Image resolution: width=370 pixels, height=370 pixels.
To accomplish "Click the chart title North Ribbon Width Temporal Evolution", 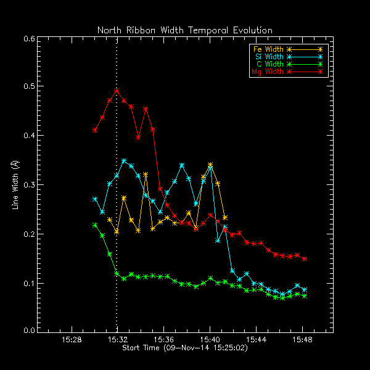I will click(184, 30).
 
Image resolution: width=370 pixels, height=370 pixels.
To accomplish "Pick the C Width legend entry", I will click(266, 64).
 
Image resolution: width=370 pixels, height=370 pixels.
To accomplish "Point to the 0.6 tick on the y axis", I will click(28, 38).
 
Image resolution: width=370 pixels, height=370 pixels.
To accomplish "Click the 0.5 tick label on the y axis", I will click(28, 87).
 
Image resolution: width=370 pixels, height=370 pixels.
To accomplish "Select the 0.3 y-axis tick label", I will click(28, 185).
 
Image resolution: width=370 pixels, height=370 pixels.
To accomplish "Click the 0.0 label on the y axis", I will click(28, 331).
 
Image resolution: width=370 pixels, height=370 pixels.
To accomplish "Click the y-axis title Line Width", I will click(15, 184).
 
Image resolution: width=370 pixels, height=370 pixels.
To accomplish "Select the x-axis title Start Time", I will click(184, 348).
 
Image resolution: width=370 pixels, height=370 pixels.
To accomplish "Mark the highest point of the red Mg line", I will click(117, 91).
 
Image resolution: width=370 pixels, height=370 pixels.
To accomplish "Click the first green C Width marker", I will click(95, 225).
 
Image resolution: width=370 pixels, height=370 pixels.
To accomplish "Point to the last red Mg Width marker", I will click(305, 259).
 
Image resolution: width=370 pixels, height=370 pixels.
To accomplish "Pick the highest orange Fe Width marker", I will click(210, 165).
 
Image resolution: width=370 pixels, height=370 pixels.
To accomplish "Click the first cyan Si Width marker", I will click(95, 199).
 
